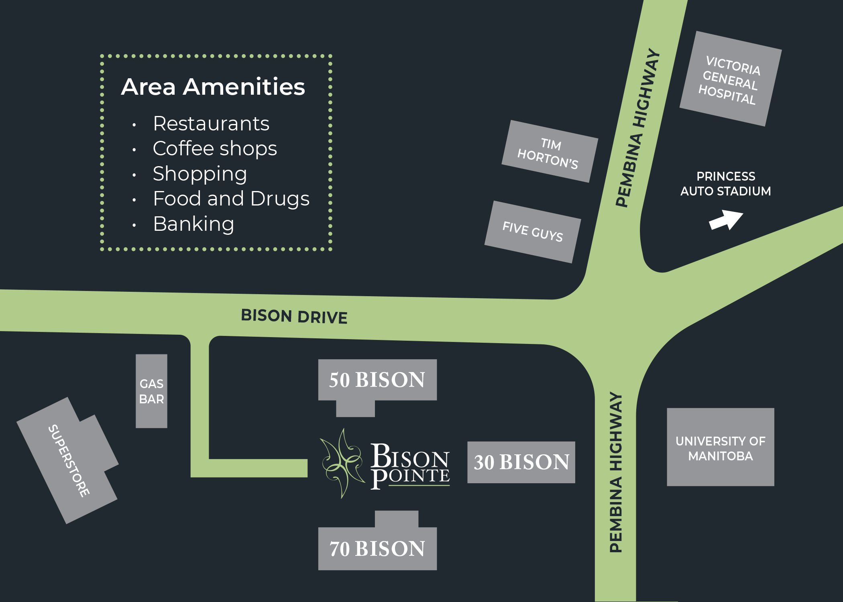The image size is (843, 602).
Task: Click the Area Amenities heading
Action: tap(213, 87)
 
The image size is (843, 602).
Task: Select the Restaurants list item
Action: tap(211, 124)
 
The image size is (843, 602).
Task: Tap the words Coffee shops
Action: tap(215, 149)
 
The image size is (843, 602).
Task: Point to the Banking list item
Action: tap(193, 224)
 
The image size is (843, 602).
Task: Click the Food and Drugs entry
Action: tap(231, 199)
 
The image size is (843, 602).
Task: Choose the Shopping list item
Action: tap(200, 174)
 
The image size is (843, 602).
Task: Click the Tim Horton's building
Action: tap(549, 152)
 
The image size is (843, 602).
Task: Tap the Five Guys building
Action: tap(532, 232)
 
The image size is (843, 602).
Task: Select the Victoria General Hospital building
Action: tap(730, 79)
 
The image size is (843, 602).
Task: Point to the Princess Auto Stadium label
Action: tap(725, 184)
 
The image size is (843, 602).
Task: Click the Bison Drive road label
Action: tap(294, 316)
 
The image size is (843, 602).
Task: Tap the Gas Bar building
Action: tap(151, 391)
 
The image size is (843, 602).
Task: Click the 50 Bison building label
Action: tap(377, 380)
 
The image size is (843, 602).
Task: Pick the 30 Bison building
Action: tap(521, 462)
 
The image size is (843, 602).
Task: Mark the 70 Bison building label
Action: tap(377, 549)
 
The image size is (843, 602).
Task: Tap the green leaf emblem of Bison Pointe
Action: tap(342, 464)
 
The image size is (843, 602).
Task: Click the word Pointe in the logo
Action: tap(410, 477)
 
